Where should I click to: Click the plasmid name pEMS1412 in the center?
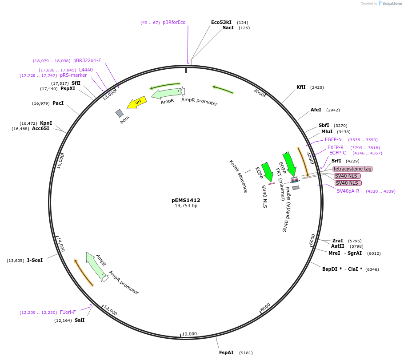click(186, 200)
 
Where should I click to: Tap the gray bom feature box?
click(120, 113)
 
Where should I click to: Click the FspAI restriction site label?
click(226, 352)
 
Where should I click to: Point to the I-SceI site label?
click(35, 260)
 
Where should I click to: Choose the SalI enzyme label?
click(80, 320)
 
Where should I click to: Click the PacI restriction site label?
click(58, 103)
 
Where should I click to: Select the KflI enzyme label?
click(301, 87)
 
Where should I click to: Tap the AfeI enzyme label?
click(316, 110)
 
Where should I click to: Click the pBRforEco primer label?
click(174, 22)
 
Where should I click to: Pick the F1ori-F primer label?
click(68, 312)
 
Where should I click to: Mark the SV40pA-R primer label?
click(348, 191)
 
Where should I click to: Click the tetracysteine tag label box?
click(352, 169)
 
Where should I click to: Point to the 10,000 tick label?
click(189, 334)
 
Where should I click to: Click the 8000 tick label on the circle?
click(265, 307)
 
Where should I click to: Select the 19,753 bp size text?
click(186, 206)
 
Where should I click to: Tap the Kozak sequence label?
click(238, 176)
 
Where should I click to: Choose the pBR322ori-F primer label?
click(87, 60)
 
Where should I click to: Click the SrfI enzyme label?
click(336, 161)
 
